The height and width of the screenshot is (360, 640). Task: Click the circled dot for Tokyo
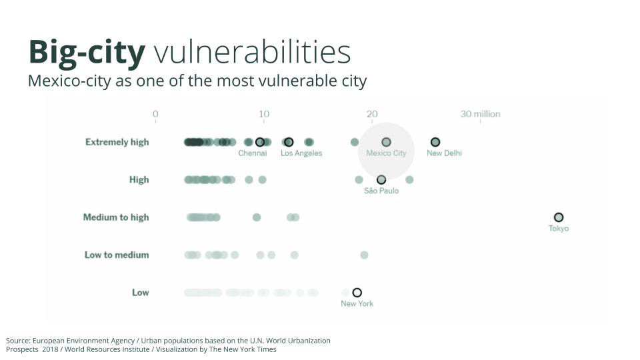point(559,217)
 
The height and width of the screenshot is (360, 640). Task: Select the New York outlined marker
point(357,292)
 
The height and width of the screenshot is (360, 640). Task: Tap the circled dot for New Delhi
point(435,142)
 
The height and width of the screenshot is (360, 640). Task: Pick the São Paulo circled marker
point(381,179)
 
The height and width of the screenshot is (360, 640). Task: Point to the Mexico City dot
point(386,142)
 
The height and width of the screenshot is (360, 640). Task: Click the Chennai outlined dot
point(259,142)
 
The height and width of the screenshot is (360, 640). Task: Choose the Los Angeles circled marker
point(288,142)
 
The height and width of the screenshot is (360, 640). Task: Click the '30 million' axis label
point(480,114)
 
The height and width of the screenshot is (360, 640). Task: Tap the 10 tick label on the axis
point(264,114)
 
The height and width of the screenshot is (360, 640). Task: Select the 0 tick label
point(155,114)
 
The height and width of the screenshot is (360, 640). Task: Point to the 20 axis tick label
point(372,114)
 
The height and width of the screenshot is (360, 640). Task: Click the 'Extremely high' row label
point(117,142)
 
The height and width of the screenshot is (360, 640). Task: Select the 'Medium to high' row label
point(116,217)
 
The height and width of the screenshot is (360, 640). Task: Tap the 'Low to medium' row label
point(117,255)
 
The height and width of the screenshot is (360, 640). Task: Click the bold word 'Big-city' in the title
point(87,53)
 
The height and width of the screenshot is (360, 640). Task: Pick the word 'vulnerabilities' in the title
point(252,52)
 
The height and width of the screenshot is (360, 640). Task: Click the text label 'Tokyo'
point(559,229)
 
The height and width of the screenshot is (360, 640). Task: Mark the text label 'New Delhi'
point(444,153)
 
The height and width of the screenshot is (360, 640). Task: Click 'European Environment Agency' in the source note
point(84,341)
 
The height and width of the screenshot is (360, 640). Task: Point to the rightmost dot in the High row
point(409,179)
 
